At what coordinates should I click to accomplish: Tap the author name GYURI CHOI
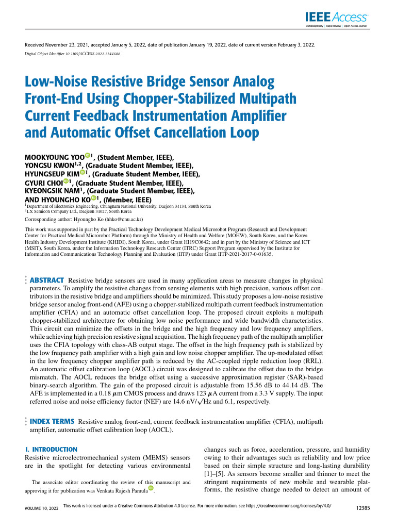coord(44,183)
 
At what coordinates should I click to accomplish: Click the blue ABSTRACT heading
coord(46,279)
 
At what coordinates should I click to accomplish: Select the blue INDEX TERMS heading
coord(53,421)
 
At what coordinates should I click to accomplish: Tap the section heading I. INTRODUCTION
coord(51,450)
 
